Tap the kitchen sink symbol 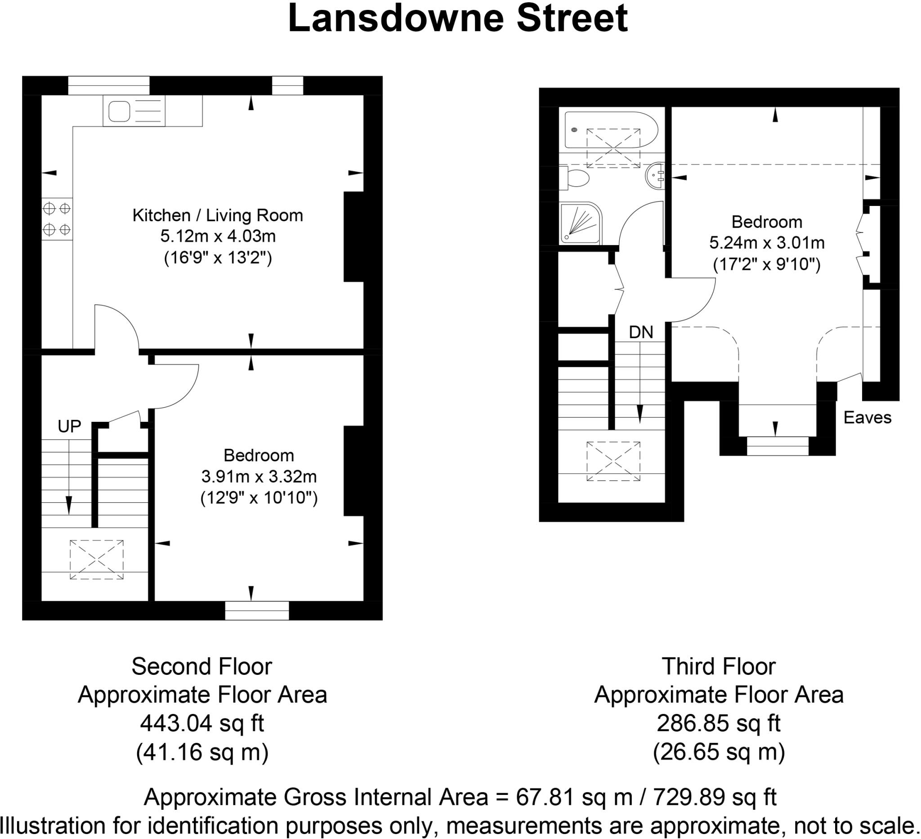(120, 112)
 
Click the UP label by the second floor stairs (69, 426)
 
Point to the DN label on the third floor (641, 332)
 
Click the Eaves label (867, 417)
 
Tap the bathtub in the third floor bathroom (611, 130)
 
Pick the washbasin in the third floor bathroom (655, 176)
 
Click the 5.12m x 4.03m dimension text (218, 237)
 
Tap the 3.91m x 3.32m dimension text (259, 476)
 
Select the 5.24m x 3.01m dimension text (767, 242)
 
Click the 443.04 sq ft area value (202, 723)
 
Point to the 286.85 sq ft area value (719, 723)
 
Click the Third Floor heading (719, 666)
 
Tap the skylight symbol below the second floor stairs (96, 559)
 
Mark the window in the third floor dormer (778, 446)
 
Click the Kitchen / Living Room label (218, 215)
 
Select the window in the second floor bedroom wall (257, 610)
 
